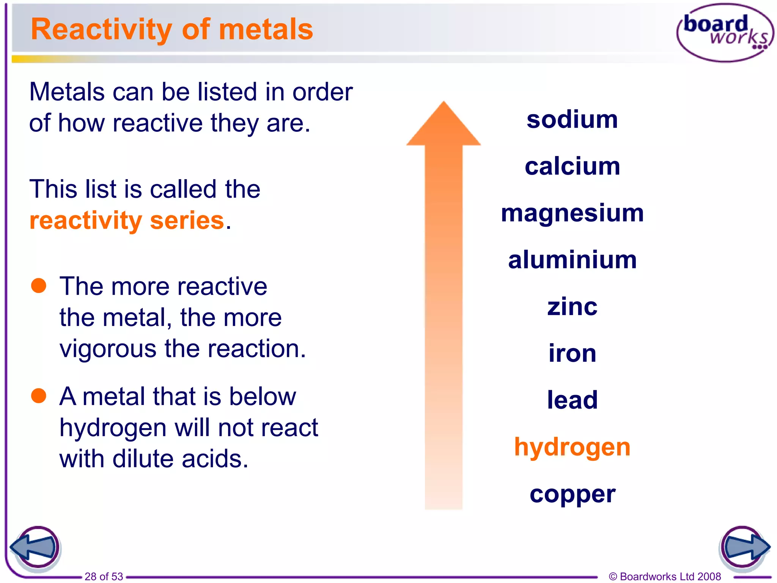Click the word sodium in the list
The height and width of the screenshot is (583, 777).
pos(572,120)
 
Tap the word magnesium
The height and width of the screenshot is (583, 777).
pos(572,213)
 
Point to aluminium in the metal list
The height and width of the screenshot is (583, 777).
pos(572,260)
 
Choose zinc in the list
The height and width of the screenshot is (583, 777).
pos(572,307)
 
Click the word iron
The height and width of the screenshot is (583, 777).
pos(572,353)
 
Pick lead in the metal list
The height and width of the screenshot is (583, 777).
pos(572,400)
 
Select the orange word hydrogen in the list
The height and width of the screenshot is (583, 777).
pos(572,447)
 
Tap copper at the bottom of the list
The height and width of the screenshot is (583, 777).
pos(572,495)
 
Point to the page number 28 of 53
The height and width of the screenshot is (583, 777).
pos(104,576)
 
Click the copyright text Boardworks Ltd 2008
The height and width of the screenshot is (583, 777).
pos(665,576)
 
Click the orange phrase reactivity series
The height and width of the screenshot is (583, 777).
pos(127,221)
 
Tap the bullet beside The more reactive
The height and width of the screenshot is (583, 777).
pos(39,285)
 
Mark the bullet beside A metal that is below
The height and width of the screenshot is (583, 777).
pos(39,395)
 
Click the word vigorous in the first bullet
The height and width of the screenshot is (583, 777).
pos(108,348)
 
